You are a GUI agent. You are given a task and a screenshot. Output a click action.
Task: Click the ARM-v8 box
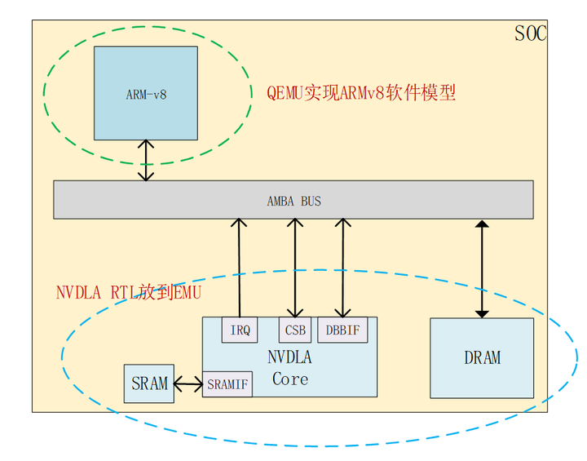click(x=146, y=93)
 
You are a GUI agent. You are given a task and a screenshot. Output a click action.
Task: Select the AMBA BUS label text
click(x=293, y=201)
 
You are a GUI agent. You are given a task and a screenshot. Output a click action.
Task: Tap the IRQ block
click(x=240, y=330)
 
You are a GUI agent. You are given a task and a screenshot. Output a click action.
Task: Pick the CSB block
click(x=294, y=330)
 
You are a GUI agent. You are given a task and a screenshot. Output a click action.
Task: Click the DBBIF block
click(x=342, y=330)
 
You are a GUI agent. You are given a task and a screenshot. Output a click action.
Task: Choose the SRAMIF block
click(x=227, y=383)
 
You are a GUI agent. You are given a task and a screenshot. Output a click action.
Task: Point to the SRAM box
click(x=149, y=383)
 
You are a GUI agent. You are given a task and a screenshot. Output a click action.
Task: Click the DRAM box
click(x=482, y=357)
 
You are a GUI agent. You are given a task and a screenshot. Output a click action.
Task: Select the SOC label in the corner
click(x=531, y=33)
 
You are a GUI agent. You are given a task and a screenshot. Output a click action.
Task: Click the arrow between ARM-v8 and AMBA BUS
click(x=147, y=160)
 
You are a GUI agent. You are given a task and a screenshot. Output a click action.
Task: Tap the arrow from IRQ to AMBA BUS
click(x=240, y=268)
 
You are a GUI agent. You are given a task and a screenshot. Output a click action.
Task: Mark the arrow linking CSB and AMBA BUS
click(x=294, y=268)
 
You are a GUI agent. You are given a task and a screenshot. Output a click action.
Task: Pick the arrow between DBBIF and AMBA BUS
click(x=342, y=268)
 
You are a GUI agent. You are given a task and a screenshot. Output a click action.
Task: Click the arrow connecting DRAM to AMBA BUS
click(x=482, y=268)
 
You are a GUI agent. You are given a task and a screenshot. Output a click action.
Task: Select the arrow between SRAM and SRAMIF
click(x=188, y=383)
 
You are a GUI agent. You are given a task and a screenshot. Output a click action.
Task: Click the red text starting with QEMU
click(x=361, y=92)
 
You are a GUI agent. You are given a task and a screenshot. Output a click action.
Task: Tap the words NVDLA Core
click(x=290, y=368)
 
